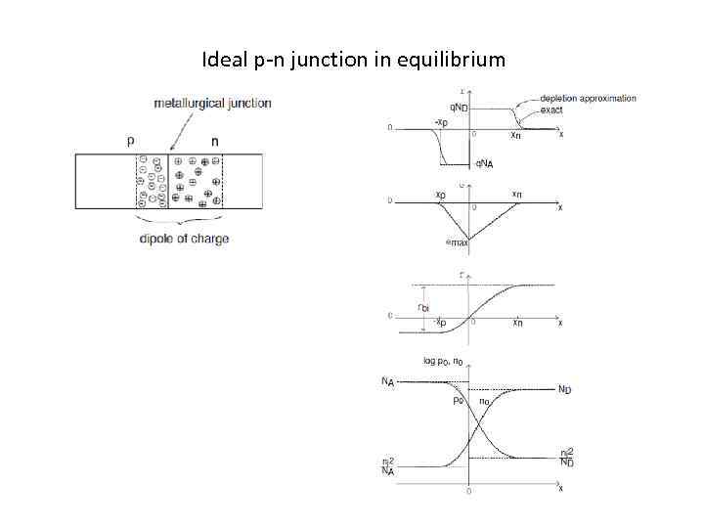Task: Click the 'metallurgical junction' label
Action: tap(212, 103)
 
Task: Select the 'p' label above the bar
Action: tap(131, 141)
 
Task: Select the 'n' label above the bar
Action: tap(214, 141)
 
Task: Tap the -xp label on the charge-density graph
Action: tap(441, 122)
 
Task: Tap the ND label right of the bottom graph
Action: tap(565, 389)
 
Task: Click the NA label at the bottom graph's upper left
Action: tap(388, 381)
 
